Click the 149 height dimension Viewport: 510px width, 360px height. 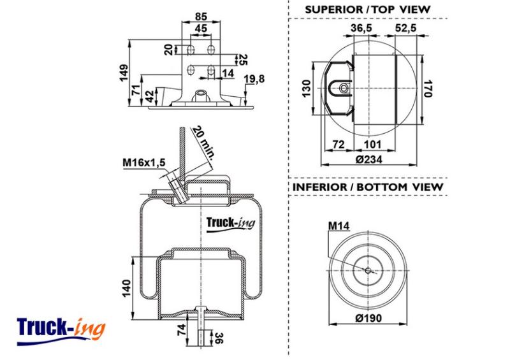click(x=124, y=73)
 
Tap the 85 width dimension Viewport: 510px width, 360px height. click(x=201, y=16)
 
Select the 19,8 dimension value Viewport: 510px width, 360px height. click(x=254, y=78)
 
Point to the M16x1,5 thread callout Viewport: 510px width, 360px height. click(x=144, y=162)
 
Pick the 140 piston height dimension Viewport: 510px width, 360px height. click(x=126, y=288)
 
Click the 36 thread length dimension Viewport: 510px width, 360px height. click(x=219, y=338)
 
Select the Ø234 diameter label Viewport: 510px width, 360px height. click(x=369, y=159)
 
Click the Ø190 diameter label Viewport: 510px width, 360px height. click(x=368, y=318)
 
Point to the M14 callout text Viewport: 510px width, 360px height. click(x=339, y=226)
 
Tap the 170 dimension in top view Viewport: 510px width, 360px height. click(x=428, y=89)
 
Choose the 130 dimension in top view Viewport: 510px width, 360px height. click(x=307, y=89)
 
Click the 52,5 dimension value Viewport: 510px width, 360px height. click(x=405, y=28)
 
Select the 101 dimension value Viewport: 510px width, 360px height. click(x=372, y=144)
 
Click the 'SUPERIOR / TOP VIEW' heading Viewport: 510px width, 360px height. click(x=368, y=10)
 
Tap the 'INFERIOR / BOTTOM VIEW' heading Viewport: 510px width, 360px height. click(x=368, y=187)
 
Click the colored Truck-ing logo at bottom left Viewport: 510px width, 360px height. click(x=61, y=331)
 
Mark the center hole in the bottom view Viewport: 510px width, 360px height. click(x=368, y=270)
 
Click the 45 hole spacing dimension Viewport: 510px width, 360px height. click(x=201, y=29)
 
